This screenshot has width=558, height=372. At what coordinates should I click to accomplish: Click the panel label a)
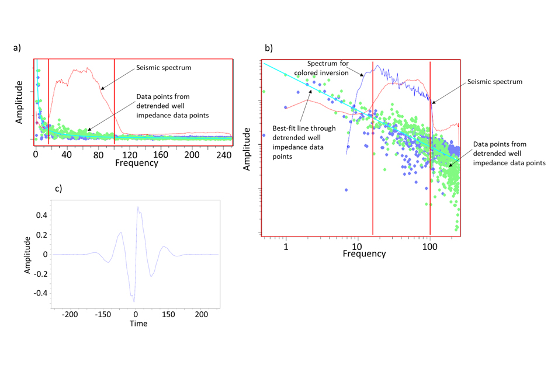pyautogui.click(x=17, y=48)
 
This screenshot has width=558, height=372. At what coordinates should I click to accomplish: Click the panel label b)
pyautogui.click(x=269, y=47)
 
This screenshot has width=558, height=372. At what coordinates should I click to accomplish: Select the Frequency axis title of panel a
pyautogui.click(x=137, y=164)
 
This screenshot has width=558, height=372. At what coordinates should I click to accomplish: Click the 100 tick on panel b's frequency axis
pyautogui.click(x=429, y=246)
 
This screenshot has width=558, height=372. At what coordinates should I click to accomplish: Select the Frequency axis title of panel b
pyautogui.click(x=363, y=254)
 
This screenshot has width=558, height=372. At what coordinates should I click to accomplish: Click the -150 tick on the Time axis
pyautogui.click(x=103, y=314)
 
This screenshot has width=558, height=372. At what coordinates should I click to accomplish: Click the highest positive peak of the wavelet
pyautogui.click(x=137, y=206)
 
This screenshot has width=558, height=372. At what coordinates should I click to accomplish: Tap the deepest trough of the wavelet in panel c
pyautogui.click(x=134, y=302)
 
